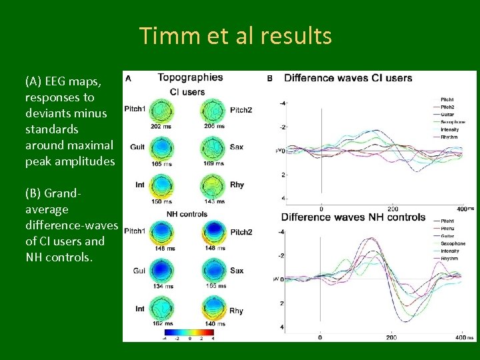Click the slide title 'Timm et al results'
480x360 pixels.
[x=235, y=36]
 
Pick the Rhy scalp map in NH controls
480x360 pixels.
[x=213, y=310]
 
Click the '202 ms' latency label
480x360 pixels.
[x=161, y=126]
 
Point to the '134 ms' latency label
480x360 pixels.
[x=161, y=286]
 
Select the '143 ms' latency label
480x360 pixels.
[x=215, y=202]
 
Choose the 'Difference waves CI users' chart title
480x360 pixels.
[x=348, y=78]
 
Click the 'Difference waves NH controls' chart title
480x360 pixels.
[x=353, y=217]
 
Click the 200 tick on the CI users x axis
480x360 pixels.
[x=393, y=209]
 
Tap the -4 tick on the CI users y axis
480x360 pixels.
[x=283, y=103]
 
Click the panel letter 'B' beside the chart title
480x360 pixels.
[x=270, y=79]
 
